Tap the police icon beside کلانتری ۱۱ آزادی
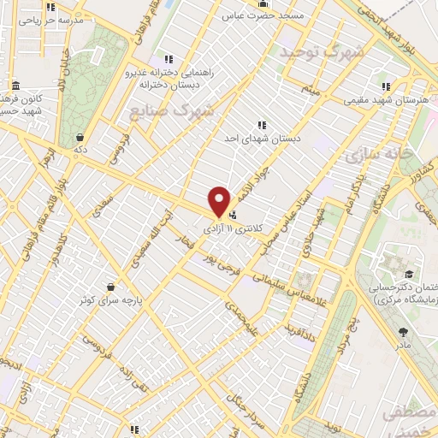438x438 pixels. click(234, 214)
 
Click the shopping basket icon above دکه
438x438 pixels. click(80, 137)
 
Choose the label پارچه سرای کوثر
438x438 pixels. click(109, 301)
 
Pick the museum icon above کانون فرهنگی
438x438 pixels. click(16, 86)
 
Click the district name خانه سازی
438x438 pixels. click(381, 154)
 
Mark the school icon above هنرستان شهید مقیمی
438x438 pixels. click(386, 86)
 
